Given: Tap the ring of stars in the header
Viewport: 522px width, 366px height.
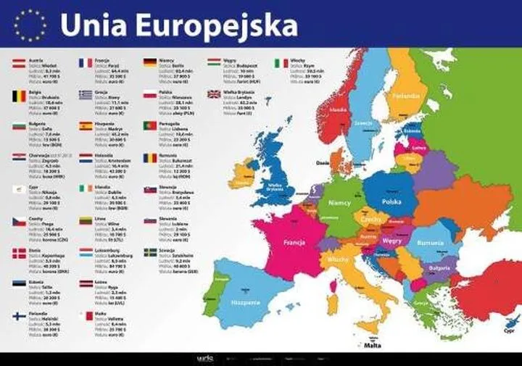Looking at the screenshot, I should pyautogui.click(x=29, y=25).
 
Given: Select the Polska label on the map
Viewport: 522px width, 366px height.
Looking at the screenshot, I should pyautogui.click(x=391, y=201).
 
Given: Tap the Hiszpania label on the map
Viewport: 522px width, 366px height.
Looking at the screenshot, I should pyautogui.click(x=245, y=301).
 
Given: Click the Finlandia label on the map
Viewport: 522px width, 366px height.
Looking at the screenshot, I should pyautogui.click(x=406, y=96).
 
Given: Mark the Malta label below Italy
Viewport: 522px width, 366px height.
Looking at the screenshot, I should pyautogui.click(x=373, y=346).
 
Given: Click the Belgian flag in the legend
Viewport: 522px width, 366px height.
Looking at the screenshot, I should pyautogui.click(x=19, y=95).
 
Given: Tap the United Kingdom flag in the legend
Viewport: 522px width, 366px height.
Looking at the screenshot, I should pyautogui.click(x=215, y=94).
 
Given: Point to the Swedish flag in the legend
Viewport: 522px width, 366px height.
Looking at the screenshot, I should pyautogui.click(x=150, y=252).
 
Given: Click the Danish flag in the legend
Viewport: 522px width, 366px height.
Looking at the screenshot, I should pyautogui.click(x=19, y=253).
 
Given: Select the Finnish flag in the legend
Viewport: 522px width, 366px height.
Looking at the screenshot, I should pyautogui.click(x=19, y=317).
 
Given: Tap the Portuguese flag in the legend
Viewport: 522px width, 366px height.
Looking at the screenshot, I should pyautogui.click(x=150, y=125).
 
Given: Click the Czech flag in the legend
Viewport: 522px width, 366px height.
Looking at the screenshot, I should pyautogui.click(x=19, y=221).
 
